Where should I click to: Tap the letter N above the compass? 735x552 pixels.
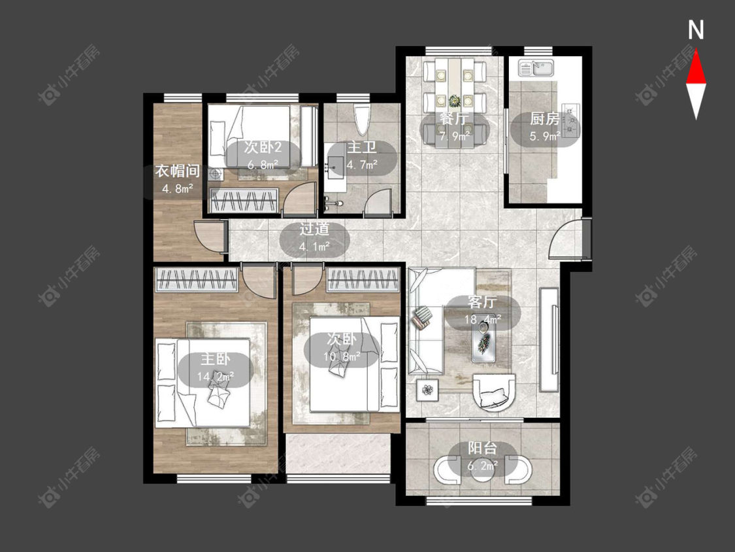696,30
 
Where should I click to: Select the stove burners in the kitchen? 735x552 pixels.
571,120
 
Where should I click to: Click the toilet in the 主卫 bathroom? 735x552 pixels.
362,119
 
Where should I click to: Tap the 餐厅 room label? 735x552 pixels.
454,118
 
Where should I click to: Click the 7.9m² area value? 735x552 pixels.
455,137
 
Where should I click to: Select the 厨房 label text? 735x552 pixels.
545,119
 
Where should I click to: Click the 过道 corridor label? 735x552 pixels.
314,229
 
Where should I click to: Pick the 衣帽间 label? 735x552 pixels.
178,171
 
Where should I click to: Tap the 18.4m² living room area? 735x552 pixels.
483,320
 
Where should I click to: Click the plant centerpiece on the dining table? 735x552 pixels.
454,101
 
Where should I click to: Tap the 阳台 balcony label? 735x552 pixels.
483,448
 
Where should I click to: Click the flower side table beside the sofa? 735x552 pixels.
427,390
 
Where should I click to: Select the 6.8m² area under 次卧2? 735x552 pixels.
263,165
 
